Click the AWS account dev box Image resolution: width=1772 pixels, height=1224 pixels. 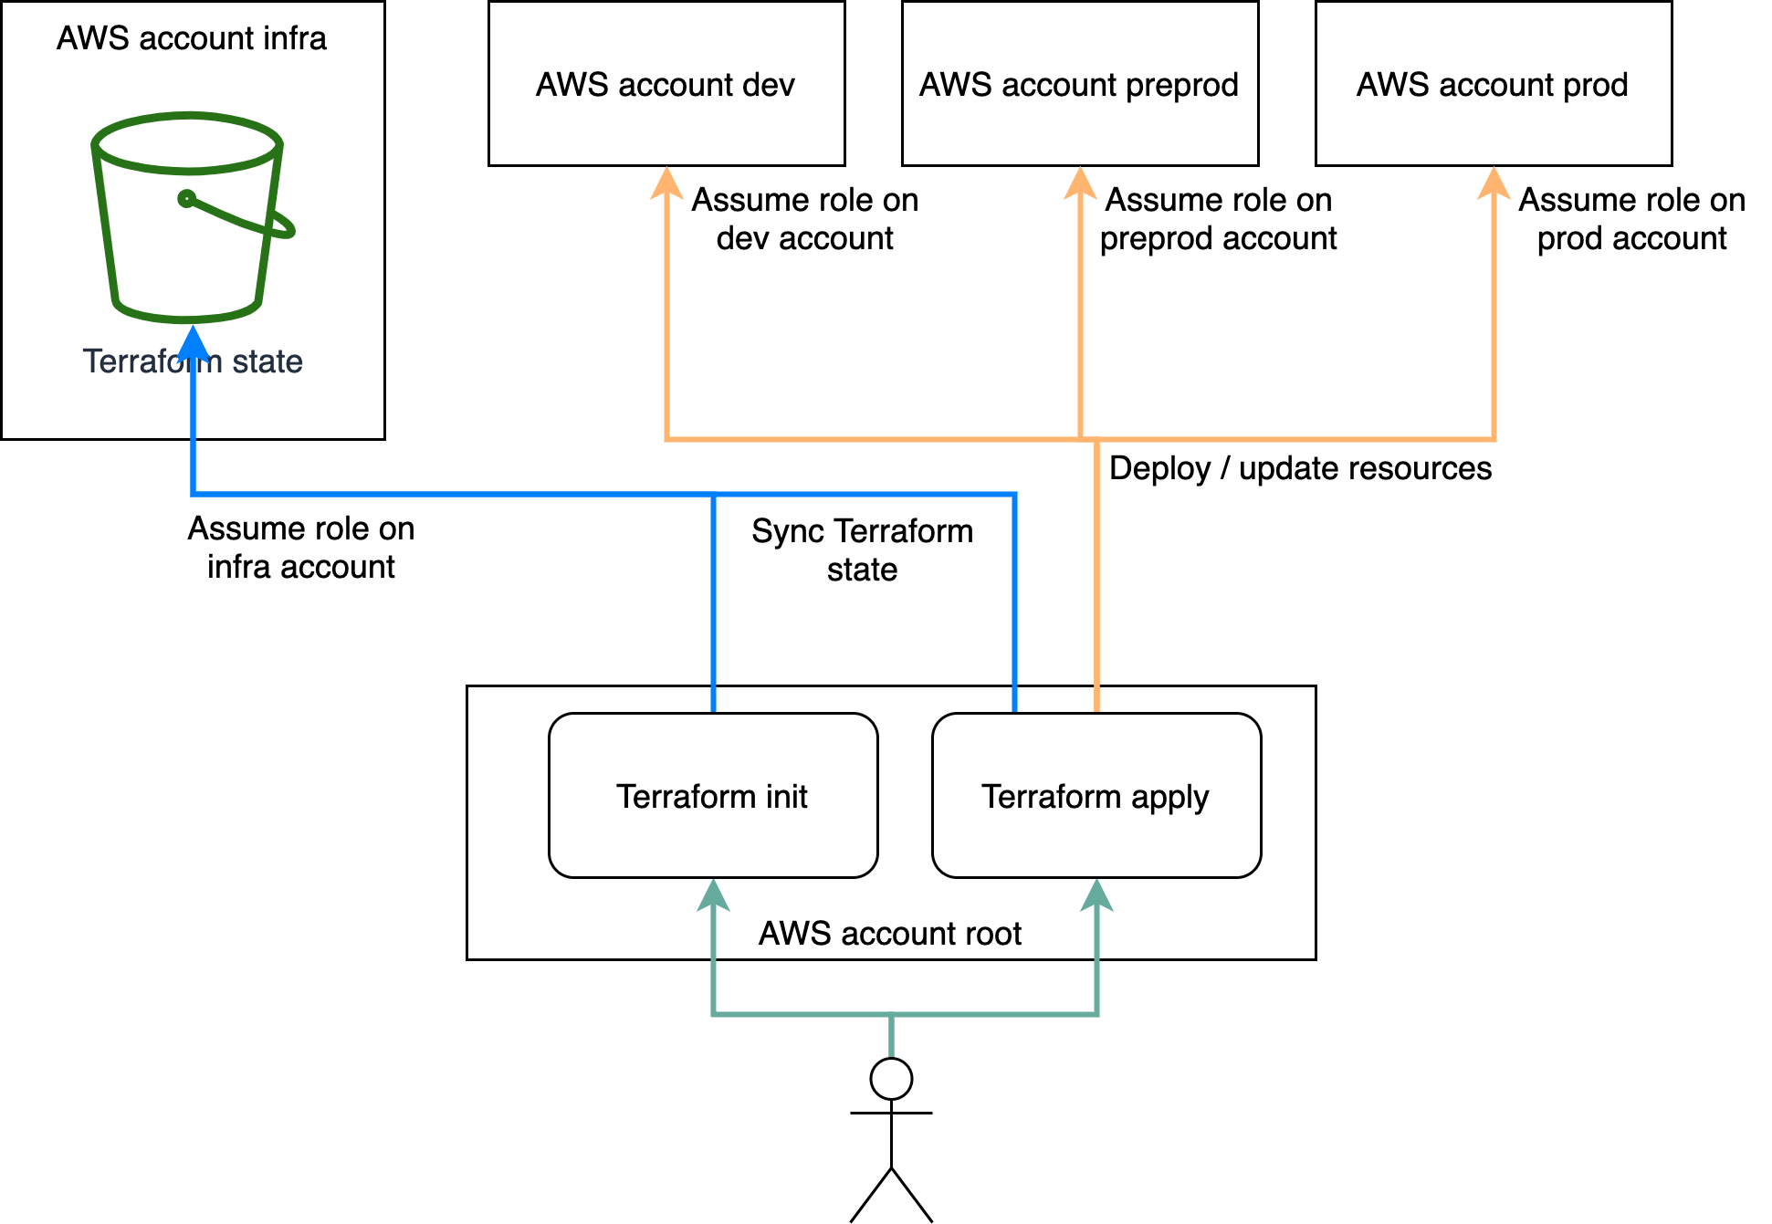pos(666,84)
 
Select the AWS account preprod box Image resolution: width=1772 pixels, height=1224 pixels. pos(1079,84)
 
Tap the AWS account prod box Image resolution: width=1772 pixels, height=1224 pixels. pos(1493,84)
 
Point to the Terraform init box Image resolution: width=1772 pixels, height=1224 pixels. pos(712,796)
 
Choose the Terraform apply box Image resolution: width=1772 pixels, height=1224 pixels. pos(1096,796)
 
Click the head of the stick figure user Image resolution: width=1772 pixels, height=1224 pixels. pos(891,1079)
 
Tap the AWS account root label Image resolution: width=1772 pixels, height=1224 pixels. pos(890,933)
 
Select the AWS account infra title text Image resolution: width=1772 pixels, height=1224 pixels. pos(192,38)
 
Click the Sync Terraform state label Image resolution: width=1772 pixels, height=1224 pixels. pos(862,549)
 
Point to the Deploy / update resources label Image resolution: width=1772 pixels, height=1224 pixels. pos(1300,468)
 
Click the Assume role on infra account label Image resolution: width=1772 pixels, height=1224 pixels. pos(301,548)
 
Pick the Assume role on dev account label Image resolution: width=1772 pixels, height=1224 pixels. pos(804,219)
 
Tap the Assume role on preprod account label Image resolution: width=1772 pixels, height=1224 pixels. pos(1218,219)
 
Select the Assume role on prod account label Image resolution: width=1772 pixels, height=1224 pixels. pos(1631,219)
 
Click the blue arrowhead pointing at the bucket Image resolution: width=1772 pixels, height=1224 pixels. pos(193,343)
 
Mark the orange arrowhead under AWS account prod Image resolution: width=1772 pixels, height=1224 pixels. pos(1494,183)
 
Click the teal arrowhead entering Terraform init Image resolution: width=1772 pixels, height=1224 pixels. pos(713,894)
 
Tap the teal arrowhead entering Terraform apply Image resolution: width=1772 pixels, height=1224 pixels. pos(1096,894)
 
